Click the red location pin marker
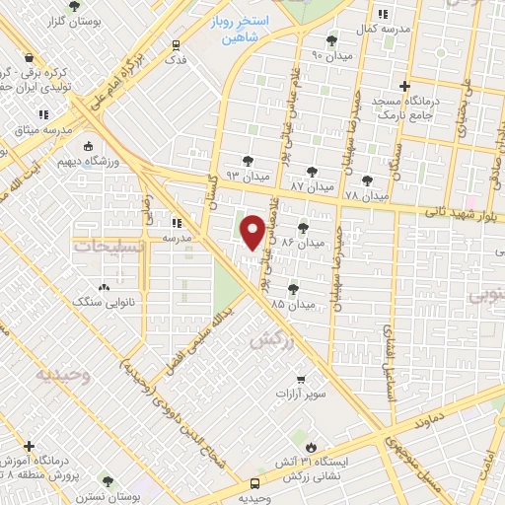(x=253, y=232)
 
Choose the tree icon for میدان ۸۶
(x=303, y=227)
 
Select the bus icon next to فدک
(x=176, y=45)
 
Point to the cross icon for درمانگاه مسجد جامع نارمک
(x=405, y=86)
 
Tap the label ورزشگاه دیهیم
(x=115, y=159)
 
